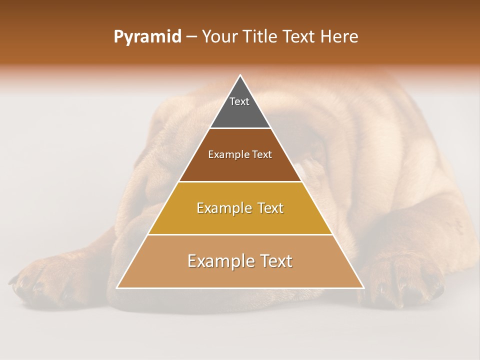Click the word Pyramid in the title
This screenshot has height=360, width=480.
coord(147,37)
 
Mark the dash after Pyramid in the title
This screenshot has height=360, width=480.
coord(191,37)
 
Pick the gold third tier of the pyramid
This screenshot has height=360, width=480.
coord(240,220)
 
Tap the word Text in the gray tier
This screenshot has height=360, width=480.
coord(239,101)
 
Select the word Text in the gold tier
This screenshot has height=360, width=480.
coord(267,208)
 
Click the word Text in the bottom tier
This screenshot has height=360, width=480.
coord(274,261)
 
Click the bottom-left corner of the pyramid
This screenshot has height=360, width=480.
coord(117,288)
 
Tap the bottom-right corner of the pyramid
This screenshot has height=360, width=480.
coord(363,288)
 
